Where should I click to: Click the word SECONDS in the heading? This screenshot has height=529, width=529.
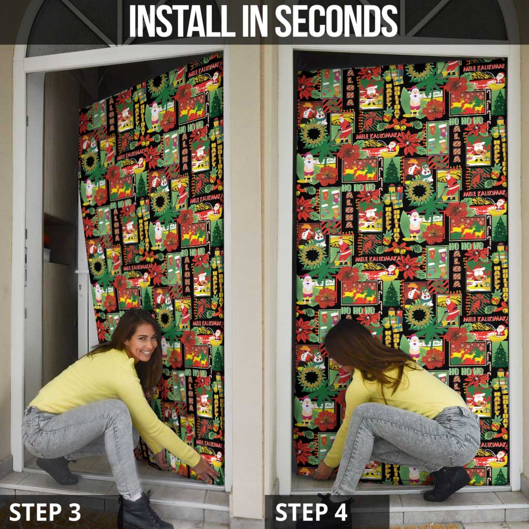click(336, 22)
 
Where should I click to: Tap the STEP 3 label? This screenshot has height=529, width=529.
click(45, 511)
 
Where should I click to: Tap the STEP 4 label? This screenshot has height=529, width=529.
click(312, 511)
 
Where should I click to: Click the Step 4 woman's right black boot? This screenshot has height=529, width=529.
click(446, 483)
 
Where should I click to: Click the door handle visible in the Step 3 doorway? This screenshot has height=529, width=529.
click(80, 271)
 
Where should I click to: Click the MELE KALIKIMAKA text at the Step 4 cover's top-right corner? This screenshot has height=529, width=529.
click(483, 67)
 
